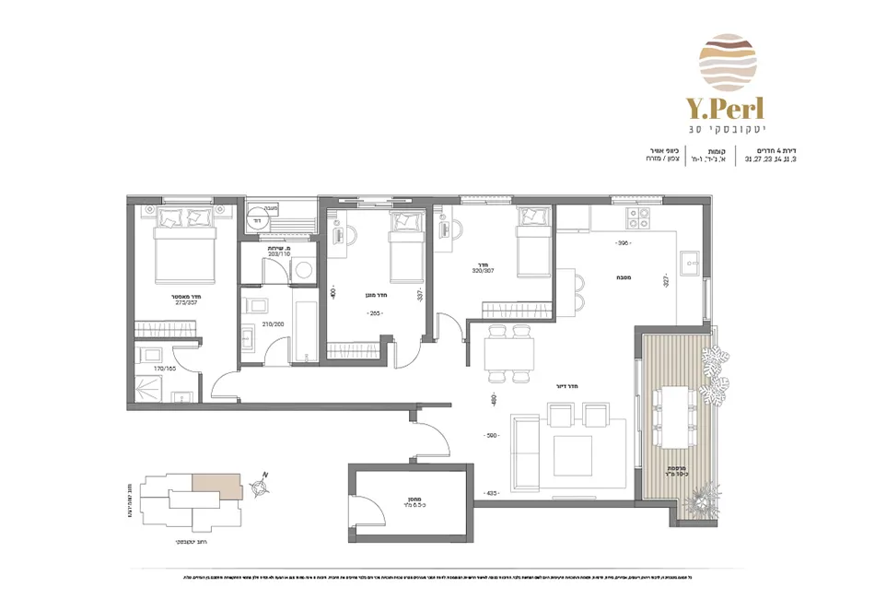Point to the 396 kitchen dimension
pyautogui.click(x=624, y=243)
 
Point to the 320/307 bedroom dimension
pyautogui.click(x=484, y=271)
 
